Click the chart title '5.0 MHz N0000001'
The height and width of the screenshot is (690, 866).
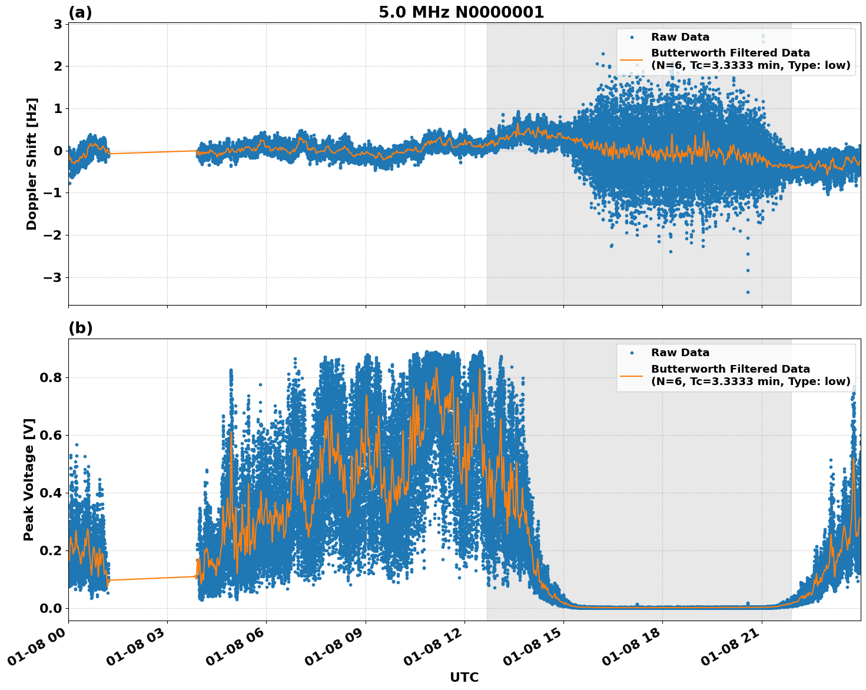[461, 12]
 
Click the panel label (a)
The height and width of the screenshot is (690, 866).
[80, 12]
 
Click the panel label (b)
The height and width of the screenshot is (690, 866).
[80, 328]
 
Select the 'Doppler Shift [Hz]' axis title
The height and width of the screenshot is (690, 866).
[32, 164]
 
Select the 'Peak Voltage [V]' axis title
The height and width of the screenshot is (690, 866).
[29, 479]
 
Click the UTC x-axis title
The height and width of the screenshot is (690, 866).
[464, 677]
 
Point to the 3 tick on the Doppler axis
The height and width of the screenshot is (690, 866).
[58, 24]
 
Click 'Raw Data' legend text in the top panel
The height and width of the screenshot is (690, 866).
[680, 37]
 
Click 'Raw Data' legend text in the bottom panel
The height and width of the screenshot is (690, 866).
[680, 353]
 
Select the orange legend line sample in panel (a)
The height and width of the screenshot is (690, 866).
[632, 59]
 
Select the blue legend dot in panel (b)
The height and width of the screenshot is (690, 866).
[632, 353]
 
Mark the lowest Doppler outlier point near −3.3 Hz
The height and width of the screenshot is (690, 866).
[748, 292]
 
